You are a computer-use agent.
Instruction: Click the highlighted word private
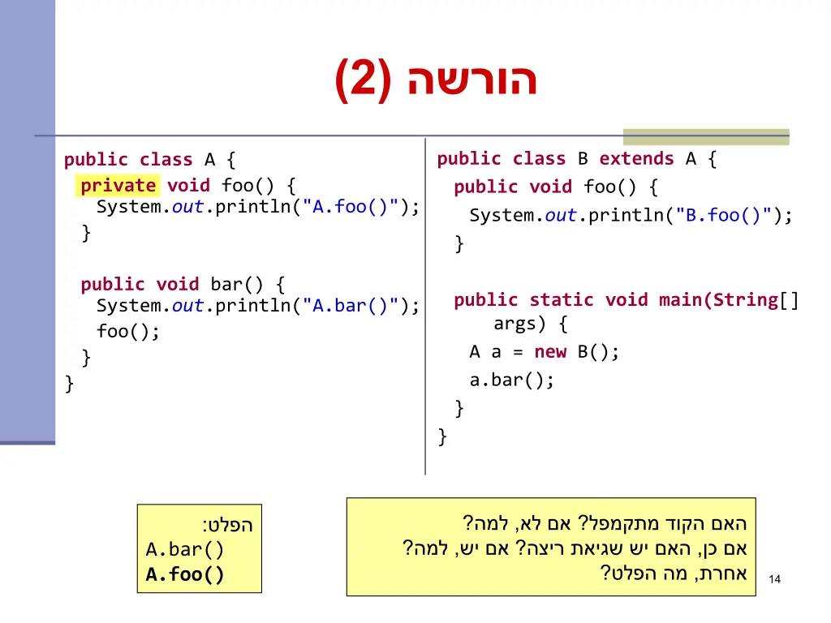tap(118, 186)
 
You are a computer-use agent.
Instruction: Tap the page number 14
tap(774, 579)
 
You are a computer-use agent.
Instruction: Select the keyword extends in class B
tap(636, 159)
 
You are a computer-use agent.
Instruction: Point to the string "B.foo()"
tap(724, 216)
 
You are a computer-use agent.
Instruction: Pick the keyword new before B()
tap(550, 352)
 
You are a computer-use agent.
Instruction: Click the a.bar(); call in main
tap(511, 380)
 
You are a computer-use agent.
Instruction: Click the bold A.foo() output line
tap(185, 575)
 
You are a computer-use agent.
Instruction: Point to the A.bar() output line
tap(185, 550)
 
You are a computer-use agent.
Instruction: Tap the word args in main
tap(515, 324)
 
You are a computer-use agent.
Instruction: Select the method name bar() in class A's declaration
tap(237, 285)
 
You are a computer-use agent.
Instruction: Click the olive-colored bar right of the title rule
tap(705, 137)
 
